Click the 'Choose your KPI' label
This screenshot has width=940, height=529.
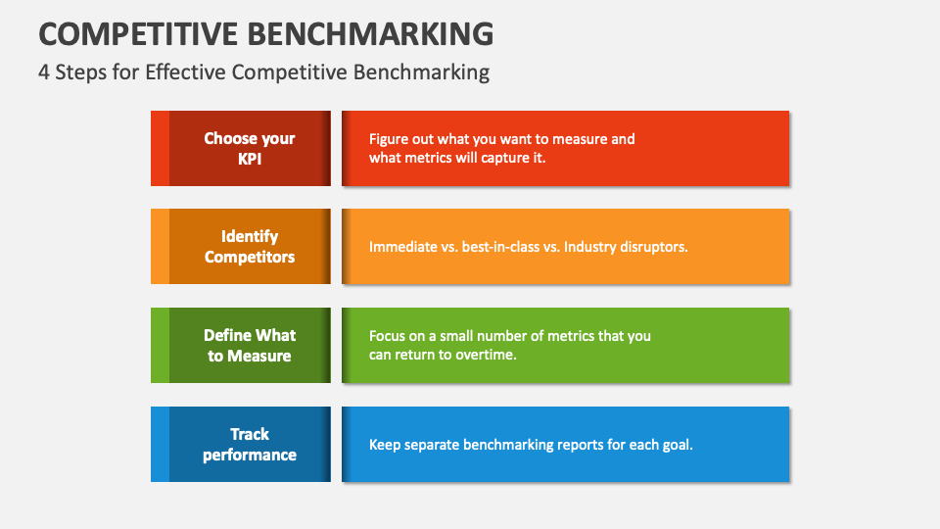pyautogui.click(x=250, y=148)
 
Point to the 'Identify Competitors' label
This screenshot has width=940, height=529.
pyautogui.click(x=250, y=246)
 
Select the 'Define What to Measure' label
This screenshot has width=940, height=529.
pyautogui.click(x=250, y=345)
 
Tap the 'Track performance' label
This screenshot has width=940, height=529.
pyautogui.click(x=250, y=444)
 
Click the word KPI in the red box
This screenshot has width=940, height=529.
pyautogui.click(x=250, y=159)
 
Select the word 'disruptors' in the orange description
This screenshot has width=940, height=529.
pyautogui.click(x=654, y=247)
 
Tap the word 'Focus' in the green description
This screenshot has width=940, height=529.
pyautogui.click(x=388, y=336)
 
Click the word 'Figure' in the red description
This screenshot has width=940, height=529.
pyautogui.click(x=390, y=139)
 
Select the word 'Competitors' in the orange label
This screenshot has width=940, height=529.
pyautogui.click(x=250, y=257)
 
